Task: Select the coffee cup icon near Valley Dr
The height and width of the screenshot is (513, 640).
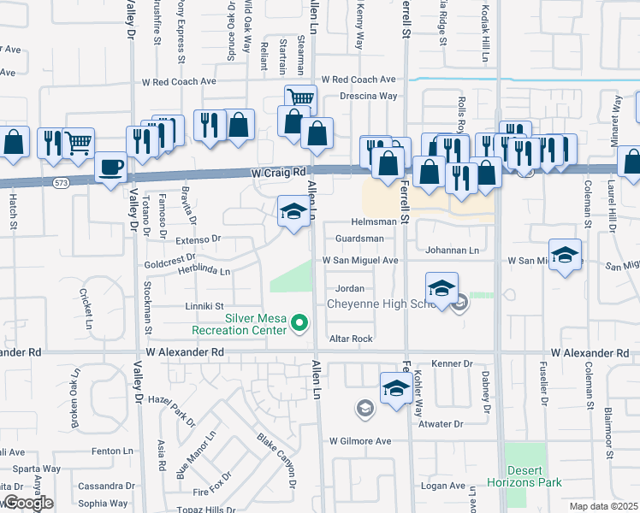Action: click(x=110, y=168)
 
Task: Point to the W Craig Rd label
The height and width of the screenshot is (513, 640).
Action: click(x=279, y=172)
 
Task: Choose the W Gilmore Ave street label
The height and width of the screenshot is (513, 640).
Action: click(x=360, y=441)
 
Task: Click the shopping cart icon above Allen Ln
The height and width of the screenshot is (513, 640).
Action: click(x=300, y=99)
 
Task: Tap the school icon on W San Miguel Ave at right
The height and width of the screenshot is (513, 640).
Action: click(x=566, y=255)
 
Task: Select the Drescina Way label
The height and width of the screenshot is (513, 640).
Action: click(x=368, y=97)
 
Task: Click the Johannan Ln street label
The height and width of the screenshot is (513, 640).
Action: click(x=453, y=251)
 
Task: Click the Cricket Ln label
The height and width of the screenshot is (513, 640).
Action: click(x=87, y=308)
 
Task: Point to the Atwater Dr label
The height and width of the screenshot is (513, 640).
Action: click(x=441, y=423)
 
